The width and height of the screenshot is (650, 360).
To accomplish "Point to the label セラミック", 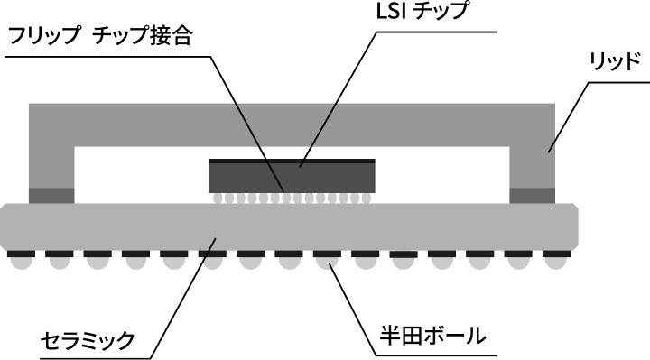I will (88, 340).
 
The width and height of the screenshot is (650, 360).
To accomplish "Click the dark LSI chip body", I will (292, 179).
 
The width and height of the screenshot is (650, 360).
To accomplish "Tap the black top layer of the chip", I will (292, 162).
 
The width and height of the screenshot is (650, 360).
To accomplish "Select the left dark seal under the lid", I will (51, 195).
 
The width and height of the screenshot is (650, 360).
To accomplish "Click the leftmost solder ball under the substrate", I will (20, 263).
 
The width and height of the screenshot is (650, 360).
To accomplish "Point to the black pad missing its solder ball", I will (404, 255).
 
